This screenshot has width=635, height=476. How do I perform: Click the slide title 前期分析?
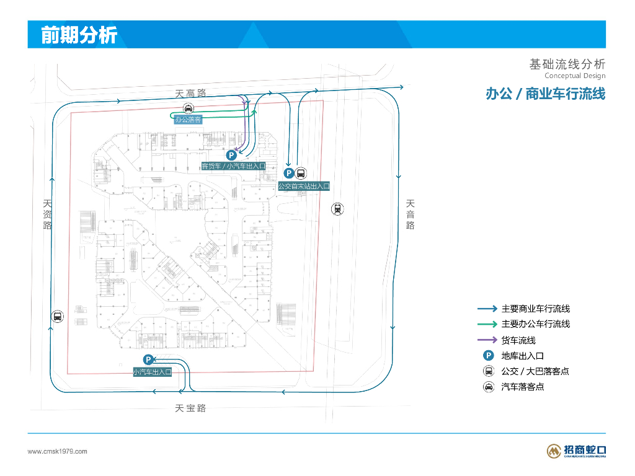79,35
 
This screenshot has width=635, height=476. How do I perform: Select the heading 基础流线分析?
567,64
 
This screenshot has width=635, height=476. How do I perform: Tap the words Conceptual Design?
575,76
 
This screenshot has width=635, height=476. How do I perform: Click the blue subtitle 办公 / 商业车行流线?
545,94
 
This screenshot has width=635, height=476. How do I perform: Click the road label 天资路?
48,214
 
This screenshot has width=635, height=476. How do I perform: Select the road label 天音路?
410,214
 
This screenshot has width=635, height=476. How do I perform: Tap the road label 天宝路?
190,408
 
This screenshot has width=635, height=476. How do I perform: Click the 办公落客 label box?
188,120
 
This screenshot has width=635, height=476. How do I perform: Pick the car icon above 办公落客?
188,108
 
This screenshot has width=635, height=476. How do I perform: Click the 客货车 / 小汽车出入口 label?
234,166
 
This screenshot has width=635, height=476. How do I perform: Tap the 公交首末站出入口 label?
303,186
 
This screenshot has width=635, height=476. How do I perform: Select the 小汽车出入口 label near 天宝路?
152,372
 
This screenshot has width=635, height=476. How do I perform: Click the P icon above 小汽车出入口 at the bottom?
149,359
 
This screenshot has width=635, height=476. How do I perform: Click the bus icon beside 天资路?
57,316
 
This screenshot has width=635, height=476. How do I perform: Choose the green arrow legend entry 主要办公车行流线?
535,324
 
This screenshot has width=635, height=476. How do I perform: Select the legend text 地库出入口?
522,356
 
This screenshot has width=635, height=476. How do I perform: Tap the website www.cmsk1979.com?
58,451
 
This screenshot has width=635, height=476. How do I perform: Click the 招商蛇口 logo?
576,451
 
